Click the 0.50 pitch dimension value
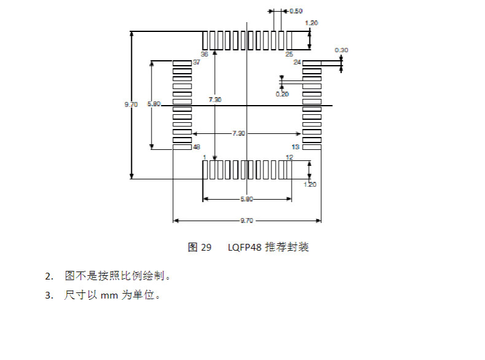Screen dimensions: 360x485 (296, 11)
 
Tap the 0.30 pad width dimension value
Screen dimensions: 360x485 (341, 50)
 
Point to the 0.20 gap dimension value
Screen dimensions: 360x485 (282, 93)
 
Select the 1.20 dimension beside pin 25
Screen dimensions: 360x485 (311, 23)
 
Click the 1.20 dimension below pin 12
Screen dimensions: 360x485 (310, 184)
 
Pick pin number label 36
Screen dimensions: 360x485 (204, 54)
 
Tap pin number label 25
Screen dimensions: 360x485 (289, 54)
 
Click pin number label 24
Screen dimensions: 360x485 (297, 63)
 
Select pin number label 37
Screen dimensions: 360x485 (197, 63)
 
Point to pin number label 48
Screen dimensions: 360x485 (197, 147)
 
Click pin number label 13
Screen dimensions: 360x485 (295, 147)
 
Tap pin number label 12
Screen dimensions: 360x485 (289, 157)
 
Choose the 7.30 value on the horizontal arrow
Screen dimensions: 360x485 (238, 133)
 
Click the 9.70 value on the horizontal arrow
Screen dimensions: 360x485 (246, 221)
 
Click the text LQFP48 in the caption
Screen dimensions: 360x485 (244, 248)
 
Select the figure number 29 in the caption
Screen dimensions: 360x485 (206, 248)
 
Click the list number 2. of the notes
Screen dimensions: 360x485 (49, 275)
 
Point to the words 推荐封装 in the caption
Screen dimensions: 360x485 (287, 248)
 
